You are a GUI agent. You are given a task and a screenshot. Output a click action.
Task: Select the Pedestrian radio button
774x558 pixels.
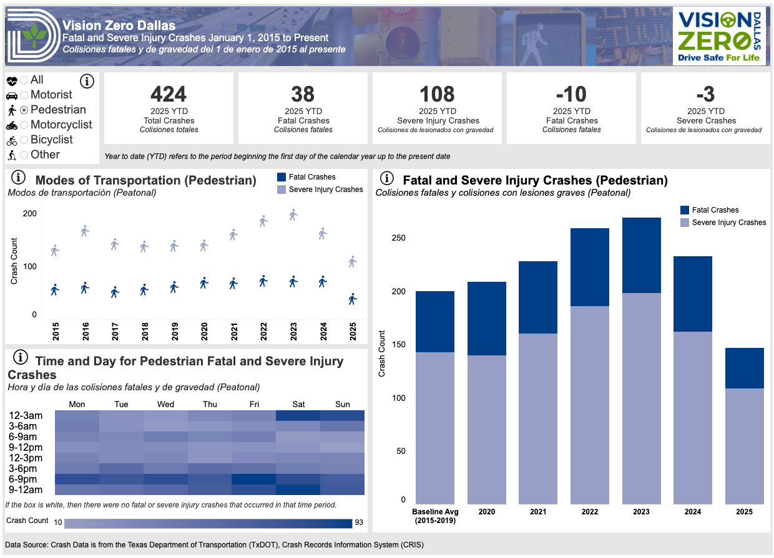pos(24,110)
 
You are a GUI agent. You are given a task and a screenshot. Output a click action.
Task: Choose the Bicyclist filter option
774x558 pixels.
pos(24,140)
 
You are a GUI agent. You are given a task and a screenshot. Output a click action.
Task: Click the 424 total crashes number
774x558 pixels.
pos(169,94)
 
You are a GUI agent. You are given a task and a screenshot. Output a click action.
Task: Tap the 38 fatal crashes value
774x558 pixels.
pos(303,94)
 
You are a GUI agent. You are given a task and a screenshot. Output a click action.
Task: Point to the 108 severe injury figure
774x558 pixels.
pos(437,94)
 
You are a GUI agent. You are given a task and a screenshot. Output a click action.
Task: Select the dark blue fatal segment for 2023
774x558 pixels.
pos(642,255)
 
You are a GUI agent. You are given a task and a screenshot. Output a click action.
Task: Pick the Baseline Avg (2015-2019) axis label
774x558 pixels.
pos(436,516)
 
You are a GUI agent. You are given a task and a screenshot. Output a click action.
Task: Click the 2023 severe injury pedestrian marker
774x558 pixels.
pos(293,215)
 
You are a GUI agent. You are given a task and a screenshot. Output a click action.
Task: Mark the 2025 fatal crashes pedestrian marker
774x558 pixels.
pos(353,299)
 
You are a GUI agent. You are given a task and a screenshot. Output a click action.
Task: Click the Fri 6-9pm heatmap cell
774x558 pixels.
pos(254,479)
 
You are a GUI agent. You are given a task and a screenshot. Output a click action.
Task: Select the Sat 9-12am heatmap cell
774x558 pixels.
pos(298,489)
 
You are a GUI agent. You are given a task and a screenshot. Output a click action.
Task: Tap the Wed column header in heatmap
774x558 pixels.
pos(165,405)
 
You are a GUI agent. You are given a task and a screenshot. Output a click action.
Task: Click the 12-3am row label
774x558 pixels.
pos(26,416)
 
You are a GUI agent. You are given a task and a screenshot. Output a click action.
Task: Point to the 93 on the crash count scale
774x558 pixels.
pos(358,522)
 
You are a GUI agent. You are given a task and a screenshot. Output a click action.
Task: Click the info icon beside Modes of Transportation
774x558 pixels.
pos(19,176)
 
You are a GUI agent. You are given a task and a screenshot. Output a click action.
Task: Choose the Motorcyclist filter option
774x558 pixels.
pos(24,125)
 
